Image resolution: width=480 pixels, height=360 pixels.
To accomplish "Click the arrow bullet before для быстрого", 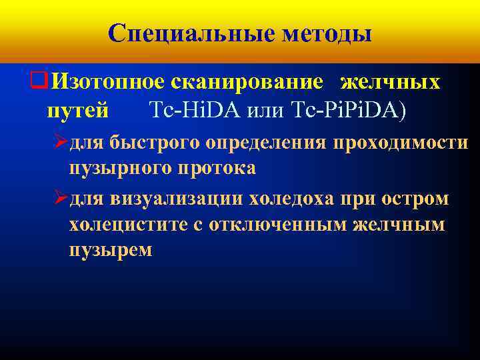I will click(60, 143).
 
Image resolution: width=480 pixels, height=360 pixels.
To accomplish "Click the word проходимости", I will click(406, 143).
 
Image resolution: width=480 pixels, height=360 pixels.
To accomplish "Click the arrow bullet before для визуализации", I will click(60, 199).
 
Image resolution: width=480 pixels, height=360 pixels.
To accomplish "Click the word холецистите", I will click(127, 225).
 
